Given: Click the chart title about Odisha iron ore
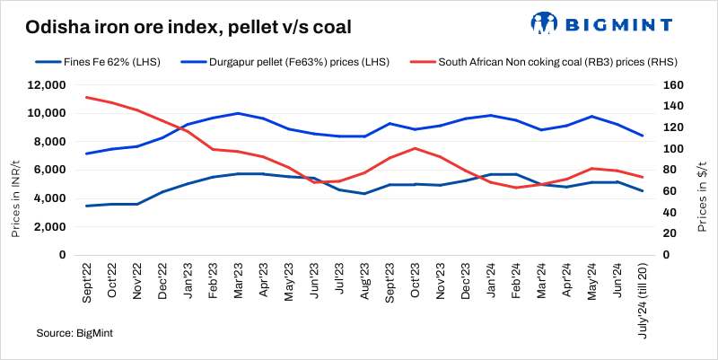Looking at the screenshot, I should pos(188,29).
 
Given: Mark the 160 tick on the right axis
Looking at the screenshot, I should pos(674,85).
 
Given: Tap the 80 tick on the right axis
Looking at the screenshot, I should pos(671,170).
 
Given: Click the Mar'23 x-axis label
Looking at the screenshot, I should pos(238,282).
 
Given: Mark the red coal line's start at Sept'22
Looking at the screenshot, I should pos(86,97).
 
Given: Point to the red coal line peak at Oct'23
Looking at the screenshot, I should pos(415,148).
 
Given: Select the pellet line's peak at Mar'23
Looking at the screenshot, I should pos(238,113).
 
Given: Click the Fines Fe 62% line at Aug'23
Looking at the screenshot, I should pos(363,193).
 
